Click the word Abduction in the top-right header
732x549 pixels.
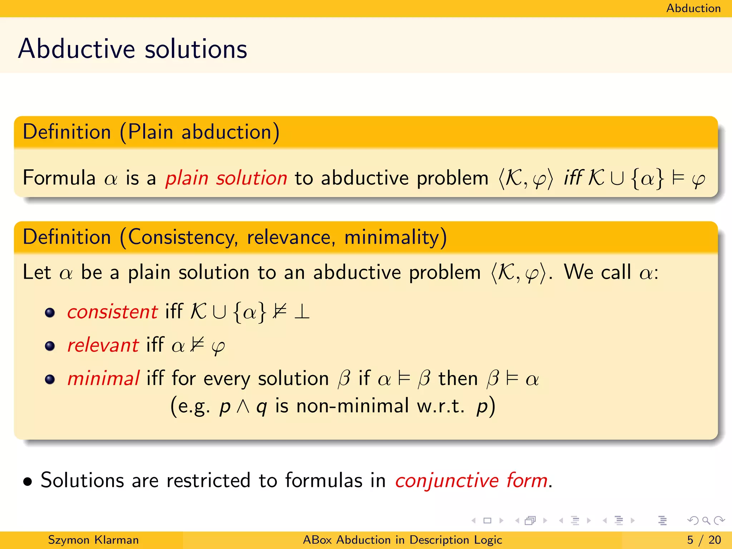[693, 8]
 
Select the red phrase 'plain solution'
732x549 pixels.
[226, 178]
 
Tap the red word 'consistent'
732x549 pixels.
[113, 312]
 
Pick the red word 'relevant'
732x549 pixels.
[103, 345]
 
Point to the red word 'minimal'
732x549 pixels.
[103, 379]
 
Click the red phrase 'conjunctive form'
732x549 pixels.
[471, 480]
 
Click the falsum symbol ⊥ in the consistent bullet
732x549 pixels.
[302, 312]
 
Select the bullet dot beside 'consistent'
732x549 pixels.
[50, 313]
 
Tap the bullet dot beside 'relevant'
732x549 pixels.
[50, 346]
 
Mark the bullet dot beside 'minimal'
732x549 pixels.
[50, 379]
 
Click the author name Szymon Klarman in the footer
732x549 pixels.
[93, 540]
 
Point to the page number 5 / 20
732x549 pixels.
[704, 540]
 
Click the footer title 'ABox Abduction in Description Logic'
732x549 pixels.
[402, 540]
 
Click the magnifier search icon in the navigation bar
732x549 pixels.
[706, 520]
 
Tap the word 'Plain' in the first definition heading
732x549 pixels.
[150, 132]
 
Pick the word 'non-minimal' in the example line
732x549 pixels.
[352, 406]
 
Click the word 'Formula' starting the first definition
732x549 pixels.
[59, 178]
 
